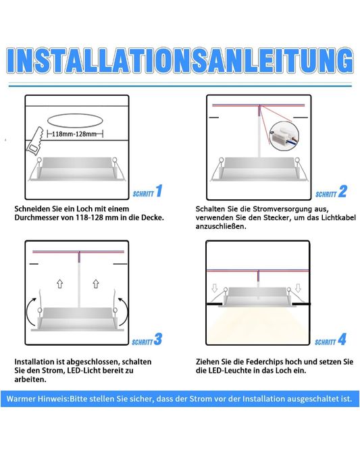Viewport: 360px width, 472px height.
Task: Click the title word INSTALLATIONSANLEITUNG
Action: [x=180, y=60]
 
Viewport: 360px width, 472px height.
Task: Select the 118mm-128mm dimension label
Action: [x=74, y=134]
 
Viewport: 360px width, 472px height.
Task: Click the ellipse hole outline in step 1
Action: [x=75, y=121]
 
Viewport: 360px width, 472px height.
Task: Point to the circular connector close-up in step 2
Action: [x=284, y=136]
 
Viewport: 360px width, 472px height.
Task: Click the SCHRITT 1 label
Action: [x=147, y=192]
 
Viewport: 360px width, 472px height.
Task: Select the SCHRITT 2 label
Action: [x=331, y=192]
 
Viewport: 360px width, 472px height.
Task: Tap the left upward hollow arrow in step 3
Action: [x=60, y=284]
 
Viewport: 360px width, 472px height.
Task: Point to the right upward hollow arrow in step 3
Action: [x=96, y=284]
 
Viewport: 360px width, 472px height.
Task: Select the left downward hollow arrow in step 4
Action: [x=214, y=288]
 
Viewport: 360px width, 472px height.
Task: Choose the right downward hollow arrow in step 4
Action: [x=298, y=288]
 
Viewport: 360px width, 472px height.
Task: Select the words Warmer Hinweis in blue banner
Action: [x=38, y=399]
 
